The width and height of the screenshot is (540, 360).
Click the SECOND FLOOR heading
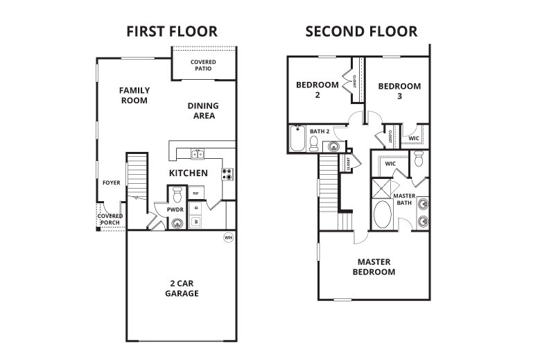360,31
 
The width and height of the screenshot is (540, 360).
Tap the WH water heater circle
228,237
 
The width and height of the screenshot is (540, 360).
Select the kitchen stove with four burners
227,173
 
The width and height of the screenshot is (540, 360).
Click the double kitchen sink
198,153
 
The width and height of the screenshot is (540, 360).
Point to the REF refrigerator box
196,193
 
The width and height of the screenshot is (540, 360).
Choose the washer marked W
195,222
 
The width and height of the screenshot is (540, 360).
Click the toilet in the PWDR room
176,192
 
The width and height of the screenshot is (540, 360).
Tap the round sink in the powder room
177,223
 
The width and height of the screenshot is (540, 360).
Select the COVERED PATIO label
203,66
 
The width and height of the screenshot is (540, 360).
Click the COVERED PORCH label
110,219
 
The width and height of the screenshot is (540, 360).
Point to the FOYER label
111,183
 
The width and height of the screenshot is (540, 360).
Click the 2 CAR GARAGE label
182,289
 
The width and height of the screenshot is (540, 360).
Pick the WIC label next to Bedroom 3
414,138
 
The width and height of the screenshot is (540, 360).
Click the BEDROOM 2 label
317,90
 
